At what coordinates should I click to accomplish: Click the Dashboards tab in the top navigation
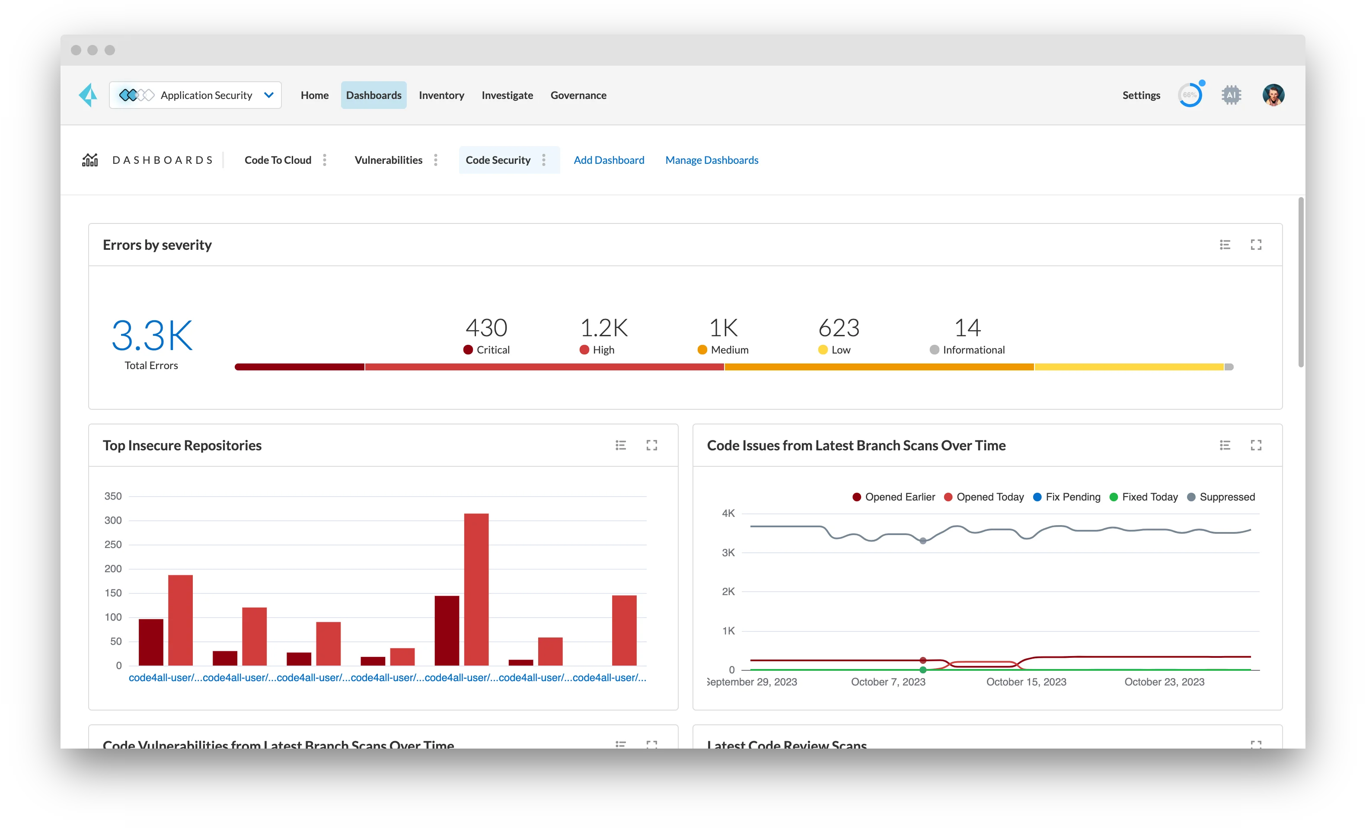pyautogui.click(x=373, y=96)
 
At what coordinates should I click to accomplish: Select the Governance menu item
pyautogui.click(x=578, y=96)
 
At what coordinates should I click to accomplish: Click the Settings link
pyautogui.click(x=1141, y=96)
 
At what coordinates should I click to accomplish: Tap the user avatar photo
pyautogui.click(x=1273, y=96)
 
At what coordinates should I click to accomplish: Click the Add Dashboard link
pyautogui.click(x=609, y=160)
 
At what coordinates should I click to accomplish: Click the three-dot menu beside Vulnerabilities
pyautogui.click(x=436, y=160)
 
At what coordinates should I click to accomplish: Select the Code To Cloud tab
pyautogui.click(x=278, y=160)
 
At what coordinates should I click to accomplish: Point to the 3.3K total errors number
pyautogui.click(x=151, y=335)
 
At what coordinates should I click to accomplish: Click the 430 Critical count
pyautogui.click(x=486, y=328)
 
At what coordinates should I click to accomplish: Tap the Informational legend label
pyautogui.click(x=973, y=350)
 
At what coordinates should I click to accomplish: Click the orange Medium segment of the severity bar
pyautogui.click(x=879, y=367)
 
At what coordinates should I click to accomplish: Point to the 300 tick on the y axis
pyautogui.click(x=113, y=520)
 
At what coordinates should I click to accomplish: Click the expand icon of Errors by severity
pyautogui.click(x=1256, y=245)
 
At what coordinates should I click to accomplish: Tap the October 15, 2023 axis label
pyautogui.click(x=1026, y=682)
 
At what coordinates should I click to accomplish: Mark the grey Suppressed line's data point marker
pyautogui.click(x=922, y=541)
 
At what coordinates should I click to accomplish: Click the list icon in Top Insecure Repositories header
pyautogui.click(x=620, y=445)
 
